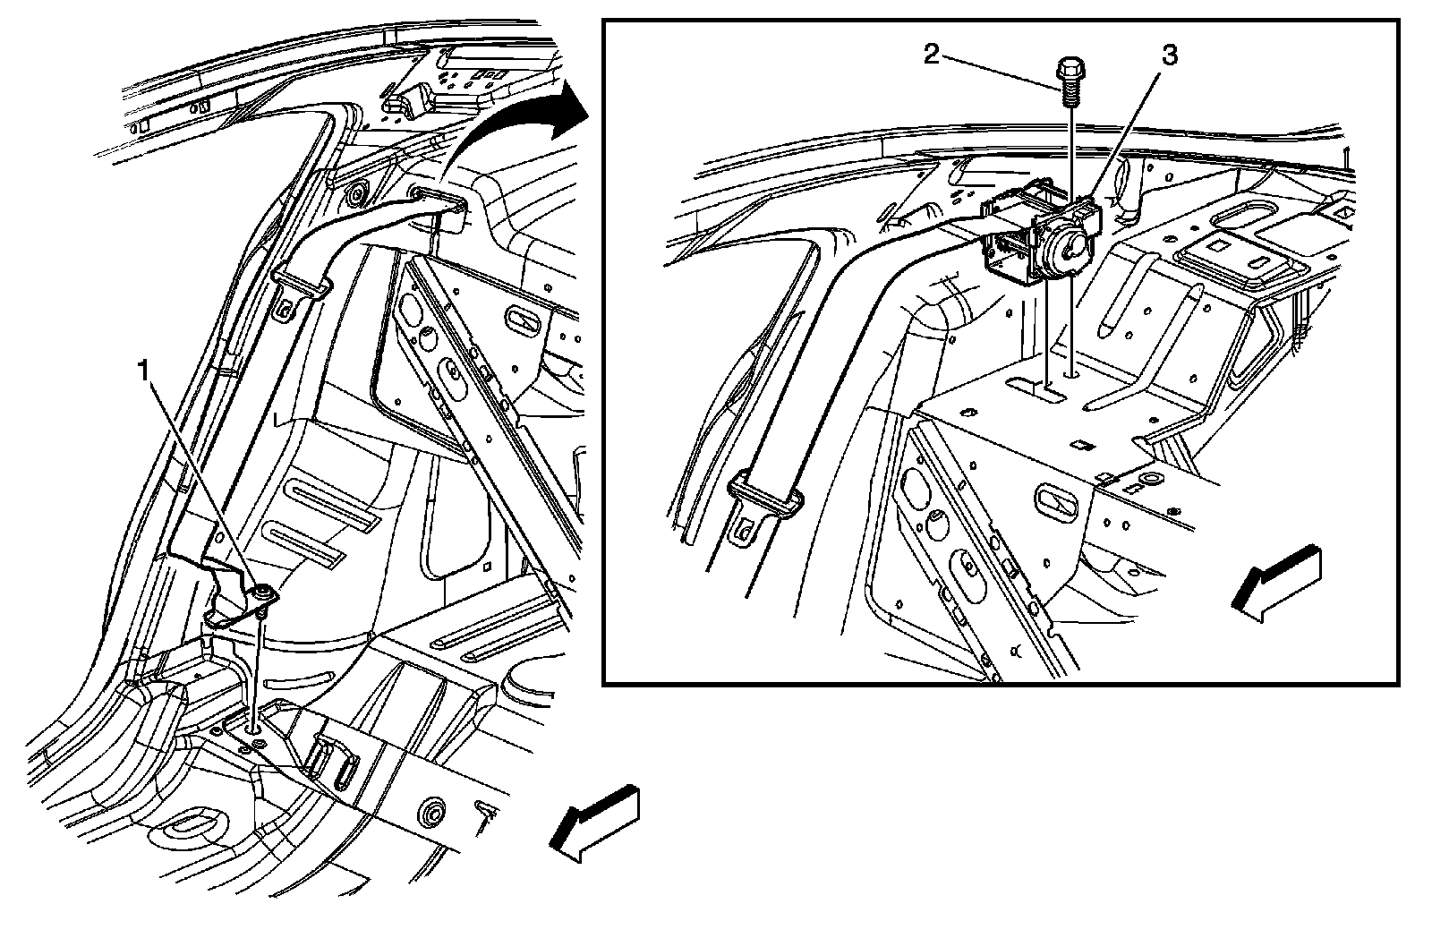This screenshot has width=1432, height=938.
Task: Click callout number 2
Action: [932, 55]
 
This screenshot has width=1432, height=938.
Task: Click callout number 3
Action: [1169, 56]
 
